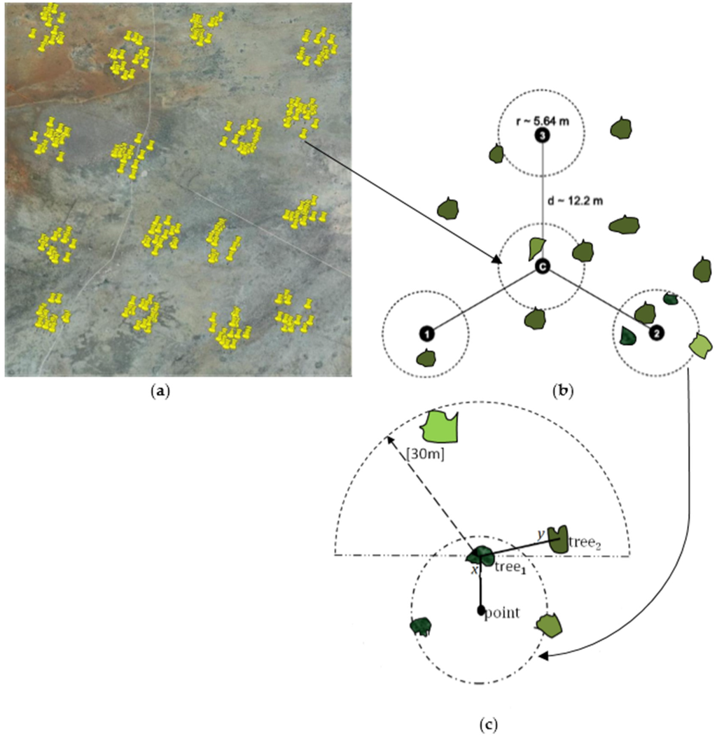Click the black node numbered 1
[428, 332]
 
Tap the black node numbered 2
[655, 333]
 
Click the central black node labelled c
[541, 266]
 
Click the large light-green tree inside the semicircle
[442, 426]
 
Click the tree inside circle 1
[425, 358]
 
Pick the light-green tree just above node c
[536, 246]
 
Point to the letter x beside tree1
[474, 569]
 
